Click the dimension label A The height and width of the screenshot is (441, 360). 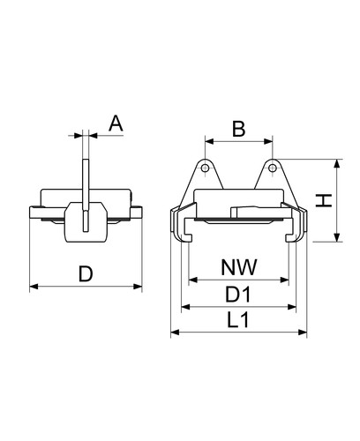click(x=116, y=123)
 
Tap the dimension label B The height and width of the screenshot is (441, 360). click(x=238, y=129)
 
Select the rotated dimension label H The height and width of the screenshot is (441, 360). click(x=324, y=200)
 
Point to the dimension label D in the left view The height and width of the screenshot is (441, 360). click(x=86, y=273)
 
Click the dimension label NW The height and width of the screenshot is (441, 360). click(x=239, y=267)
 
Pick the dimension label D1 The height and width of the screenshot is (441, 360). click(x=238, y=295)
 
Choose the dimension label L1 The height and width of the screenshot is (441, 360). click(x=238, y=320)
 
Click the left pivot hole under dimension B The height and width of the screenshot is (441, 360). click(x=206, y=168)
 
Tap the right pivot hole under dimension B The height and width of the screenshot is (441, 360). click(x=273, y=168)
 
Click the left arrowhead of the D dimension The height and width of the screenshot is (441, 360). click(x=34, y=286)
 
